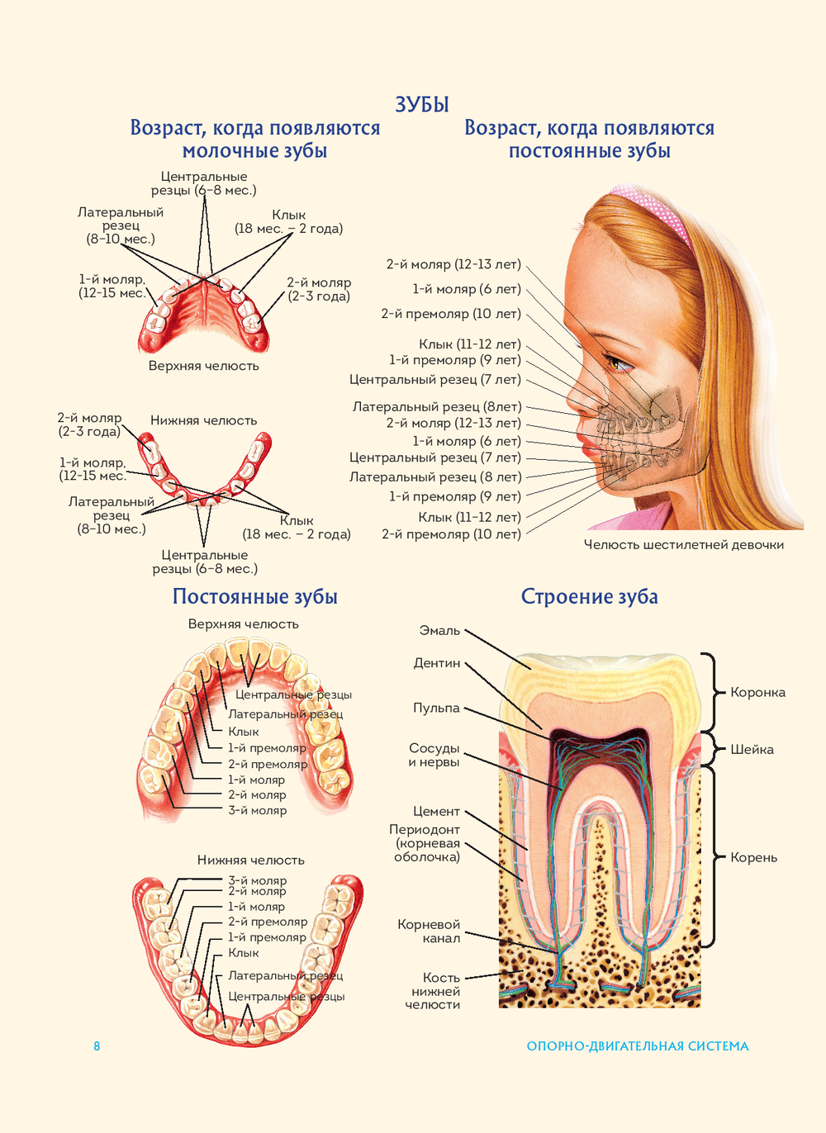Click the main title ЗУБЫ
pos(422,104)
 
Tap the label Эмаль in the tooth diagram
pos(439,630)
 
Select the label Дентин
pos(437,663)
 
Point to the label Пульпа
pos(436,708)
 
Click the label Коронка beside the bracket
pos(757,692)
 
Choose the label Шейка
pos(752,749)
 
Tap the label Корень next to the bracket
pos(753,857)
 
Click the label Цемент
pos(436,811)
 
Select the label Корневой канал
pos(429,931)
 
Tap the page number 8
pos(97,1046)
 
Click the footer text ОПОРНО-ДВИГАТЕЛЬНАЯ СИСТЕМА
pos(638,1046)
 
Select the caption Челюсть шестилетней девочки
pos(683,544)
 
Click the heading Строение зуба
pos(589,596)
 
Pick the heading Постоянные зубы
pos(254,596)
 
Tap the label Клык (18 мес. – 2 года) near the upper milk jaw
pos(288,222)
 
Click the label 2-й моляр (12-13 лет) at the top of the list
pos(453,264)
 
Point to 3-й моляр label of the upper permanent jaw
pos(257,810)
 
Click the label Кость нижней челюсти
pos(433,991)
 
